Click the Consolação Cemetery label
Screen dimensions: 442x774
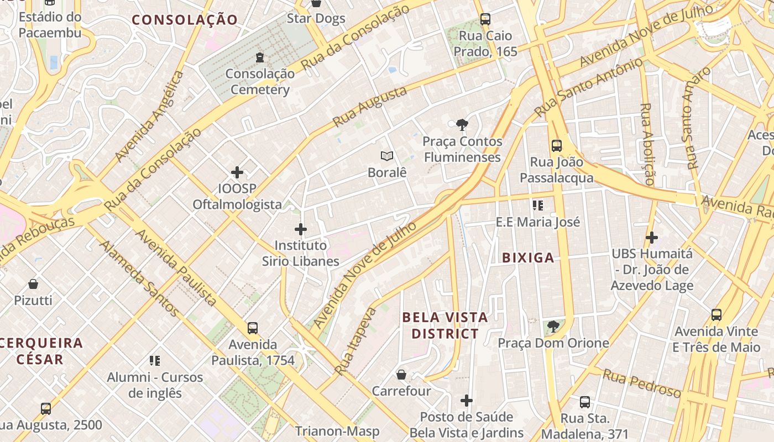pos(260,81)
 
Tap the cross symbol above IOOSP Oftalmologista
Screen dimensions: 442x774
pos(237,172)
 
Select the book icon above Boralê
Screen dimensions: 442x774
pos(387,156)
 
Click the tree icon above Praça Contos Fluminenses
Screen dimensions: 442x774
pos(462,125)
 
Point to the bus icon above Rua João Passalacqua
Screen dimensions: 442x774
pos(557,146)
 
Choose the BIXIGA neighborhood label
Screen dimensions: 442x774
pos(528,257)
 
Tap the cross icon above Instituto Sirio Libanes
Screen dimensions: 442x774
pos(301,229)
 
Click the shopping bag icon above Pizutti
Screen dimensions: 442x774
pos(33,285)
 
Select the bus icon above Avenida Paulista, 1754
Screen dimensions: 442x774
pos(253,328)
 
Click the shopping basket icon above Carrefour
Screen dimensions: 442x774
pos(401,375)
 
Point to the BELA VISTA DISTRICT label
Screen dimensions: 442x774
pos(445,325)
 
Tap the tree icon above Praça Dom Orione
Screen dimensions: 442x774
pos(553,327)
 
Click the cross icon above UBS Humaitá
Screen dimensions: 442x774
pos(652,238)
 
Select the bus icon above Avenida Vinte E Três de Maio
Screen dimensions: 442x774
pos(717,315)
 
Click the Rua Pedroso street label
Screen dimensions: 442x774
pos(641,383)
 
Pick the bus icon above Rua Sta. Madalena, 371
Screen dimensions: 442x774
pos(585,402)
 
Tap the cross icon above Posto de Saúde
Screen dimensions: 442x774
pos(467,400)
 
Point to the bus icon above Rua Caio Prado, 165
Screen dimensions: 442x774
pos(485,19)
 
